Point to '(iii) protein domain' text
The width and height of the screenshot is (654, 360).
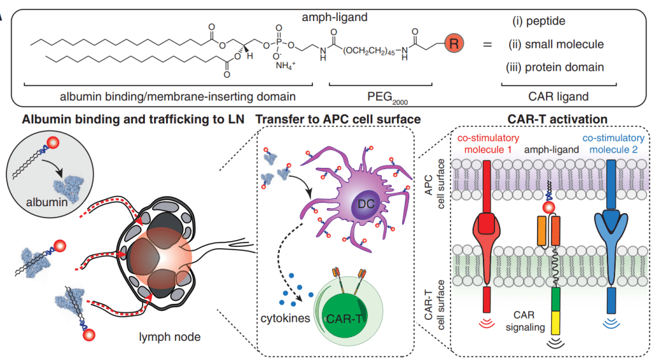click(x=554, y=66)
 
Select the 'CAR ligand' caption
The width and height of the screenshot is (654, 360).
click(x=559, y=96)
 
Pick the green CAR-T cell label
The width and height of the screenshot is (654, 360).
click(x=356, y=317)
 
